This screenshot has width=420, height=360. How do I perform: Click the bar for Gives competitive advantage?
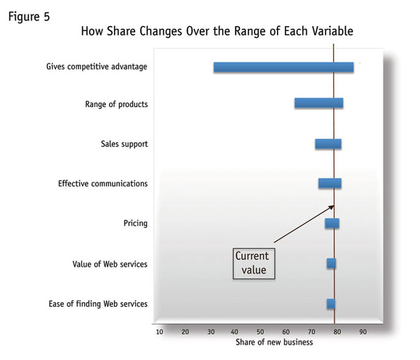point(283,67)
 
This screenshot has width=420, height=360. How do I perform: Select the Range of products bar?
point(319,103)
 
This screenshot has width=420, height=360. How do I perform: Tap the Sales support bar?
point(328,144)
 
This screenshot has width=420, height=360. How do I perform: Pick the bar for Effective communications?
point(330,183)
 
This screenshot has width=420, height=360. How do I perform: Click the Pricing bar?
point(332,223)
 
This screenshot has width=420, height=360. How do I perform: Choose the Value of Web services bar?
point(331,263)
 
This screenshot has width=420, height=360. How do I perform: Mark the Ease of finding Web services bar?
point(331,303)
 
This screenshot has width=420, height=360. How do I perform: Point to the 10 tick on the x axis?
point(160,331)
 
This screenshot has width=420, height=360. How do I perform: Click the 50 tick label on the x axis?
point(261,331)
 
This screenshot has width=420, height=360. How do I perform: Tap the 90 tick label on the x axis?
point(363,331)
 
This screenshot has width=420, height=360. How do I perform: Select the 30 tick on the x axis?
point(210,331)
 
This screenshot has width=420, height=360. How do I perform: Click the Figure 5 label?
point(29,17)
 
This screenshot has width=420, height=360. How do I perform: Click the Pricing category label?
point(136,223)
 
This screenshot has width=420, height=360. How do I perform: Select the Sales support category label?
point(124,144)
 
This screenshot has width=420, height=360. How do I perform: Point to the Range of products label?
point(116,104)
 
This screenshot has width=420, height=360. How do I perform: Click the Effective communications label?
point(103,184)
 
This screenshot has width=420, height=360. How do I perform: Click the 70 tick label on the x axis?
point(312,331)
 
